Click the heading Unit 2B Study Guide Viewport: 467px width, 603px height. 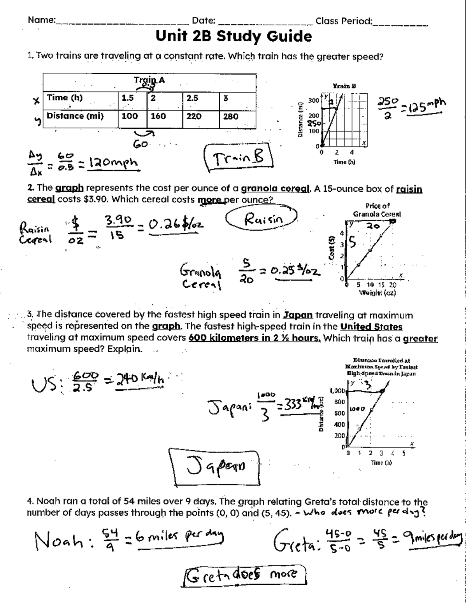coord(233,37)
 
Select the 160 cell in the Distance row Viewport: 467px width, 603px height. coord(158,116)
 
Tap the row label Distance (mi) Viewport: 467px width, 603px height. coord(75,116)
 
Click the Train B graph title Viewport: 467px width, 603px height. coord(344,86)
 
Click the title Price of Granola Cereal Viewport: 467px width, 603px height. coord(377,210)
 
